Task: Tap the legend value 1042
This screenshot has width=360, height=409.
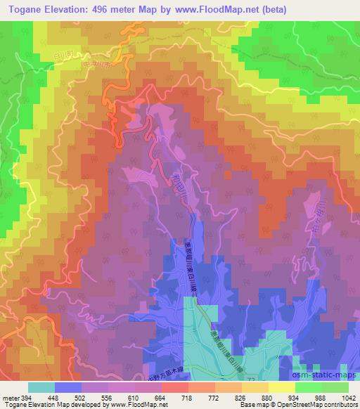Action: click(348, 397)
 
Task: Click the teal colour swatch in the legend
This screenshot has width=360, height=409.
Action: click(41, 387)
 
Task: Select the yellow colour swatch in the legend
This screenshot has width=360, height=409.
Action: click(282, 387)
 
